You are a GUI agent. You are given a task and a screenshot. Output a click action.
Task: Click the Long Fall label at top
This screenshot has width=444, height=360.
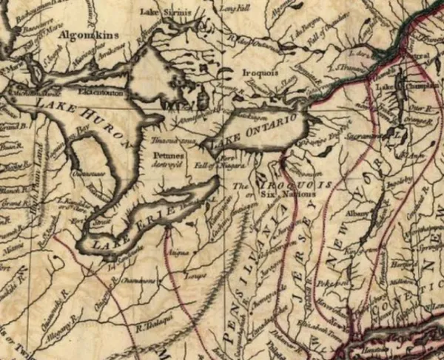232,9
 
